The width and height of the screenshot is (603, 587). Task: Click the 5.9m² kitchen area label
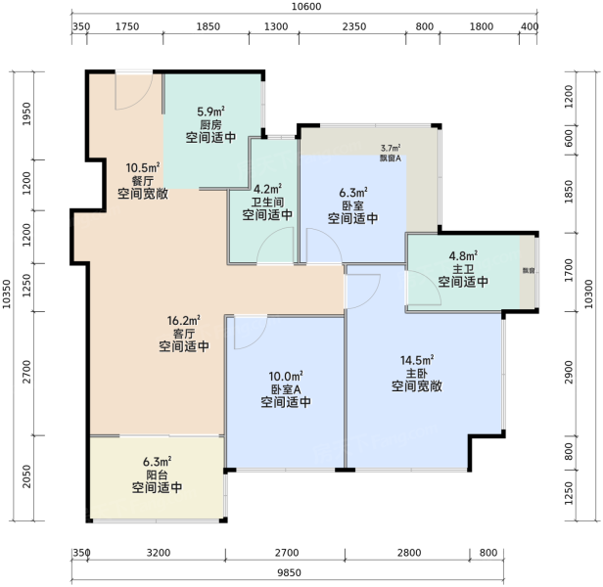(x=210, y=112)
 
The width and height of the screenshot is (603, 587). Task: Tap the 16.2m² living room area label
(x=183, y=320)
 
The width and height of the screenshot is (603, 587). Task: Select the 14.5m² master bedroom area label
(x=417, y=360)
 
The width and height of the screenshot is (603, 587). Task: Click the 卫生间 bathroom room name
(x=267, y=202)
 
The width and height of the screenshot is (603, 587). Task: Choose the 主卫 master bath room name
(x=463, y=269)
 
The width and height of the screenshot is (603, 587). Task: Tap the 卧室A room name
(x=286, y=389)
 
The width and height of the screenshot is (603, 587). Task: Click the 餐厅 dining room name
(x=143, y=180)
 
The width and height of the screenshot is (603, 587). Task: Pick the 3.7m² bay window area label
(x=391, y=148)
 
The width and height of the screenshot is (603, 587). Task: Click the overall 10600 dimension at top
(x=306, y=7)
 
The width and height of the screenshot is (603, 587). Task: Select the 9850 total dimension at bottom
(x=289, y=572)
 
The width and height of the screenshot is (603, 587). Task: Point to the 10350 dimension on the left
(x=7, y=293)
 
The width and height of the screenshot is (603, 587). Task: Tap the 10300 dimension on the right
(x=588, y=293)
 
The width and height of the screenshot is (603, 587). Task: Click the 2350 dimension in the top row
(x=354, y=26)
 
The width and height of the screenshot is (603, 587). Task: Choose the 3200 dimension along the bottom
(x=159, y=553)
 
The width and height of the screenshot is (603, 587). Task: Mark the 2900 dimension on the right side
(x=569, y=372)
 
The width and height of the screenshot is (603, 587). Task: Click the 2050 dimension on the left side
(x=26, y=476)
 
